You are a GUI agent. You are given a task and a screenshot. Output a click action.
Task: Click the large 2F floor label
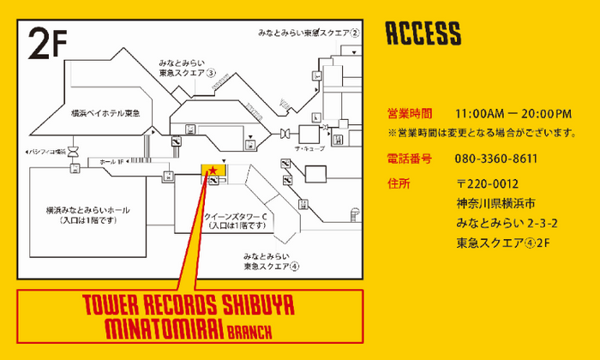point(48,42)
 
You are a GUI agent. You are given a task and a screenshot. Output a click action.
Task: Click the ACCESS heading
point(423,33)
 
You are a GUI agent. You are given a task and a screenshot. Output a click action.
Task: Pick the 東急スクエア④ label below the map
point(271,266)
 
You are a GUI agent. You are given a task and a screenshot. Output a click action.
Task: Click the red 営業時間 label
point(410,113)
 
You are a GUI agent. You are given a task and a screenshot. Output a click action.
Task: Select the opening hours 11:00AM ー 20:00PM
point(513,113)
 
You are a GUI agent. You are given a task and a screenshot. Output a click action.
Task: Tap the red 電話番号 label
point(410,159)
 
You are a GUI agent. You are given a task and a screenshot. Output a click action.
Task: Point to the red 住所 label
point(399,183)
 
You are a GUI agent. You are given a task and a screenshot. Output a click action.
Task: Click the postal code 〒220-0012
point(488,183)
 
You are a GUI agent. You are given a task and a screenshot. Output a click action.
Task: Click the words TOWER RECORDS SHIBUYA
point(189,306)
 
